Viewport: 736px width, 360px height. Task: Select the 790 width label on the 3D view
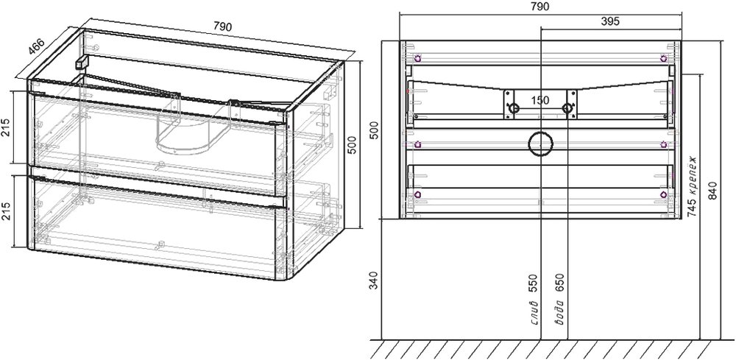pos(222,27)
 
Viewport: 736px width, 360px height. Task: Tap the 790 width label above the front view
pos(539,6)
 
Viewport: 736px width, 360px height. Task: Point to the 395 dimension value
pos(610,21)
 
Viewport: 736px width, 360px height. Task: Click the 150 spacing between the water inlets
pos(540,100)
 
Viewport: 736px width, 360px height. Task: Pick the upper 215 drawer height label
pos(7,127)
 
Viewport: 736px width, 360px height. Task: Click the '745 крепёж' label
pos(691,186)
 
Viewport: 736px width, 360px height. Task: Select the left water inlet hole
pos(514,108)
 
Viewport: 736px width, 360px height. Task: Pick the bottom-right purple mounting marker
pos(664,194)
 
